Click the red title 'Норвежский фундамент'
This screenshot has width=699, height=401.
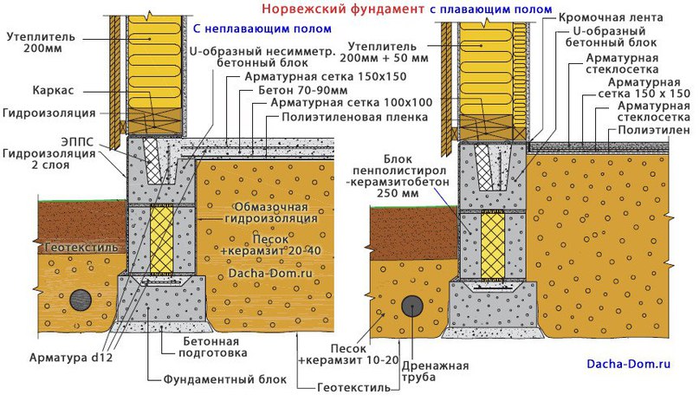pyautogui.click(x=343, y=9)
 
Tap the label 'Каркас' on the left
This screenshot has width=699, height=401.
pyautogui.click(x=53, y=90)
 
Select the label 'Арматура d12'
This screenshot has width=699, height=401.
pyautogui.click(x=71, y=358)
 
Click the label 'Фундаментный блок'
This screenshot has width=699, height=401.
pyautogui.click(x=224, y=379)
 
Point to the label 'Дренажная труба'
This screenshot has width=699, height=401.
pyautogui.click(x=435, y=372)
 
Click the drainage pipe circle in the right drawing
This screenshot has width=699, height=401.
pyautogui.click(x=412, y=306)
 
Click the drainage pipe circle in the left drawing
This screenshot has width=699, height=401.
pyautogui.click(x=81, y=300)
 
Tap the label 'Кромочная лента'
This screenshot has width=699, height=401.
pyautogui.click(x=611, y=17)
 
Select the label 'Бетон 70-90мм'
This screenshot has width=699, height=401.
pyautogui.click(x=302, y=90)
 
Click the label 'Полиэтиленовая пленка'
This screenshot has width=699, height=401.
pyautogui.click(x=354, y=117)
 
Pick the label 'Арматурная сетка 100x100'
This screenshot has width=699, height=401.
pyautogui.click(x=352, y=103)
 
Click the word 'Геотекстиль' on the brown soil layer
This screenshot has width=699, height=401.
pyautogui.click(x=81, y=248)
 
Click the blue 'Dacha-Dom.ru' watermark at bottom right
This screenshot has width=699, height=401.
pyautogui.click(x=629, y=364)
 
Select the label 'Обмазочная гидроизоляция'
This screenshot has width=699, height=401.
pyautogui.click(x=271, y=212)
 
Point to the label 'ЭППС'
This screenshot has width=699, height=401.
pyautogui.click(x=77, y=142)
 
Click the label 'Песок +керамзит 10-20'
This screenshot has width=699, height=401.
pyautogui.click(x=348, y=354)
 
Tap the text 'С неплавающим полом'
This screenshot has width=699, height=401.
pyautogui.click(x=262, y=29)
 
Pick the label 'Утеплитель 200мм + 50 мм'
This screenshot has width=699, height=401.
pyautogui.click(x=384, y=52)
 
